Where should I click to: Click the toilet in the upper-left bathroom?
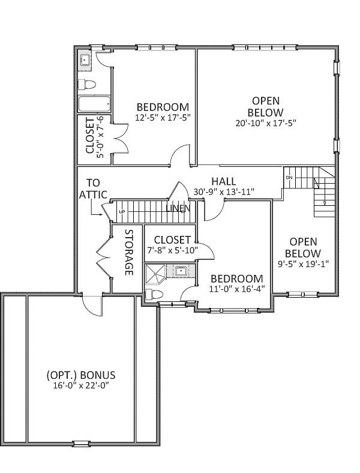tap(87, 85)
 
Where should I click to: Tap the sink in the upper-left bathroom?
tap(85, 61)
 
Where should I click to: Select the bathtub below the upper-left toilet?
tap(94, 104)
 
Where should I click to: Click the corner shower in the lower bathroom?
tap(155, 274)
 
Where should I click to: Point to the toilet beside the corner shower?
tap(154, 294)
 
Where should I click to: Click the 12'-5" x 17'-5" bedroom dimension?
tap(163, 118)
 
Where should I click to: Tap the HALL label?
tap(224, 181)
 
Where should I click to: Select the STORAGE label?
tap(129, 253)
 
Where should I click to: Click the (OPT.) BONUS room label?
tap(81, 375)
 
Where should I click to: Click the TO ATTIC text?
tap(93, 188)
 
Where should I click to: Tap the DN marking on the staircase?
tap(289, 178)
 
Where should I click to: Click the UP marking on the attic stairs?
tap(122, 212)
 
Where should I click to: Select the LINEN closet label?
tap(178, 208)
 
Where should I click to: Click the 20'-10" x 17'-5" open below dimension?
tap(266, 123)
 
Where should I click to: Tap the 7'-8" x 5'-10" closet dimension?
tap(172, 250)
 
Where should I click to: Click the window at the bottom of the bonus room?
tap(81, 444)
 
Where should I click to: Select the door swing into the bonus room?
tap(92, 306)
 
